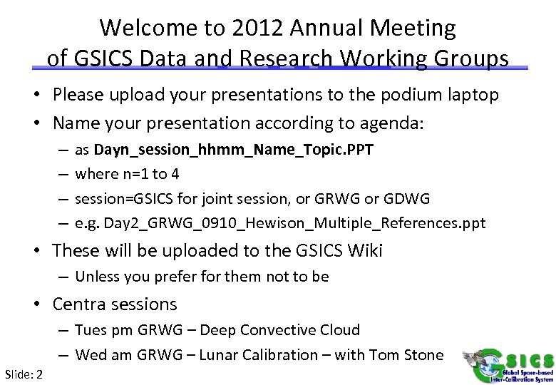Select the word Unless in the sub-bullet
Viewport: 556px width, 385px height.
coord(96,277)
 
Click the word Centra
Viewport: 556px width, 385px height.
coord(78,304)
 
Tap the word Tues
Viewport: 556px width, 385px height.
coord(92,330)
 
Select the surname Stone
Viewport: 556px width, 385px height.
coord(423,355)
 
